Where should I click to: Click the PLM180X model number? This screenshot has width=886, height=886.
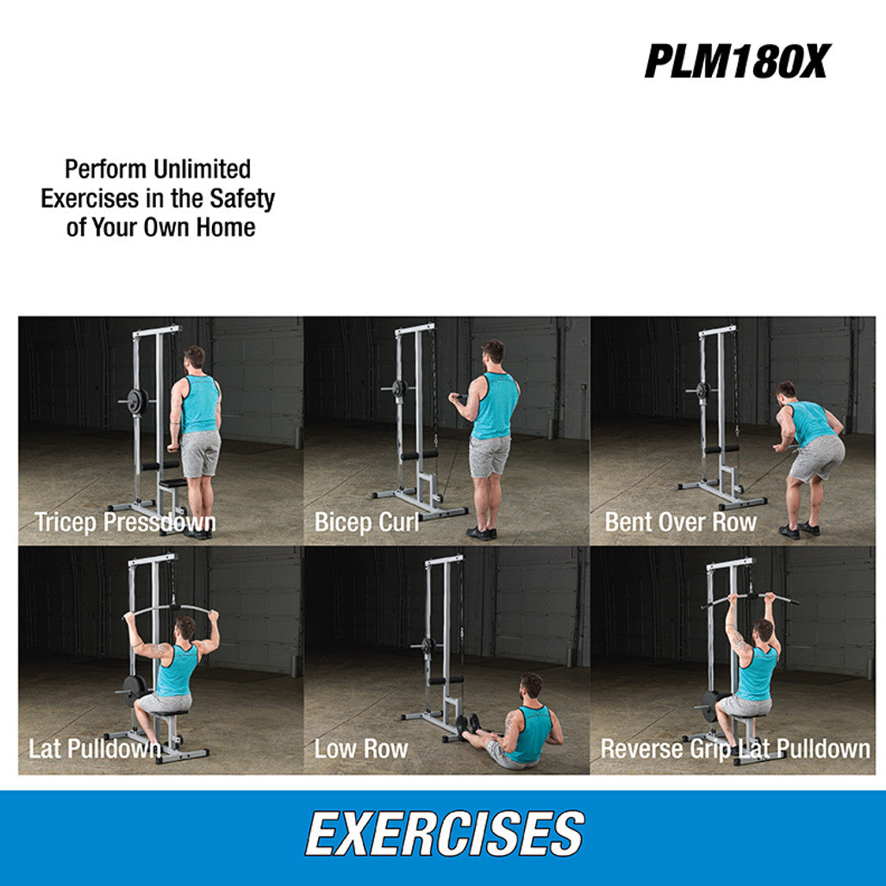tap(735, 61)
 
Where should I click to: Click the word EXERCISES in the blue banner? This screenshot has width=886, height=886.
tap(445, 834)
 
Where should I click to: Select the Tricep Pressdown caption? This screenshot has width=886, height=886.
tap(125, 522)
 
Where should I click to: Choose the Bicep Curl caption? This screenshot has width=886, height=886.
tap(367, 522)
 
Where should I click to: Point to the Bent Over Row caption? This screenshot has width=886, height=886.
tap(681, 522)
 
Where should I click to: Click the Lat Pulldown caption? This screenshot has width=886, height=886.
tap(95, 748)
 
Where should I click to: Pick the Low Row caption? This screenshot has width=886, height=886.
tap(361, 748)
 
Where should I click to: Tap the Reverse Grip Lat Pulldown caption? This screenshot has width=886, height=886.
tap(735, 748)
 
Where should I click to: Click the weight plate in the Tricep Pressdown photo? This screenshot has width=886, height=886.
tap(136, 401)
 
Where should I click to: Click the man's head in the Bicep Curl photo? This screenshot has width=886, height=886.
tap(492, 353)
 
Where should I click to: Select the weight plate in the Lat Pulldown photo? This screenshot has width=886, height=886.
tap(133, 689)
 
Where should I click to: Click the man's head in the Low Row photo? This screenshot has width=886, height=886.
tap(532, 687)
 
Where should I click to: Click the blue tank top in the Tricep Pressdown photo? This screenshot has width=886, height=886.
tap(201, 404)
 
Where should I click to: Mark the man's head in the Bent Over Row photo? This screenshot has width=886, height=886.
tap(787, 390)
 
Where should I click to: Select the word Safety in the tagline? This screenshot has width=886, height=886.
tap(244, 199)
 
